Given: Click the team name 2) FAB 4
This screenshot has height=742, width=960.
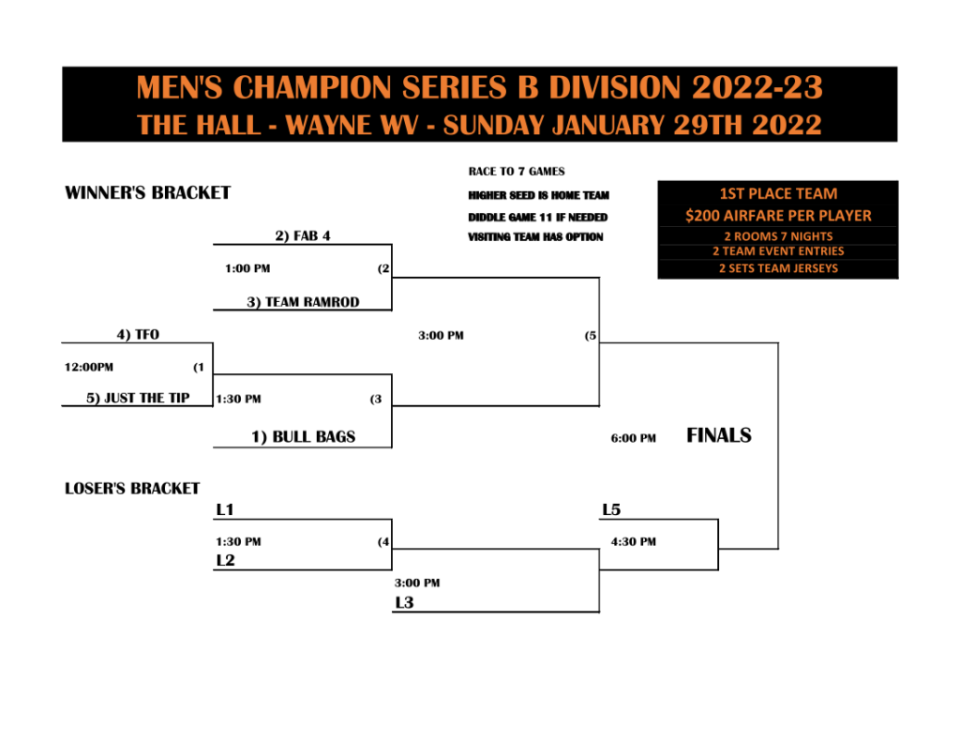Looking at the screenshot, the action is pyautogui.click(x=303, y=235).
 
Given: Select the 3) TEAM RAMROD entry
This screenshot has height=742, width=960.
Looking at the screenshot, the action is pyautogui.click(x=303, y=302).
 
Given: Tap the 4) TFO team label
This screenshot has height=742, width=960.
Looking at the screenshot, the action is pyautogui.click(x=138, y=335).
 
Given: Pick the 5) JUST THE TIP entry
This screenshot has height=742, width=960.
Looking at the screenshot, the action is pyautogui.click(x=138, y=398).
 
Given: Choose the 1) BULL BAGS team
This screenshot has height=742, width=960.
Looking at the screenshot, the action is pyautogui.click(x=303, y=437).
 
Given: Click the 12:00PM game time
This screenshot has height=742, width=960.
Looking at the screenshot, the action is pyautogui.click(x=89, y=367).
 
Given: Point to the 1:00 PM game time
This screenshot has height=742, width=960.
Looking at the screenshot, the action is pyautogui.click(x=247, y=268).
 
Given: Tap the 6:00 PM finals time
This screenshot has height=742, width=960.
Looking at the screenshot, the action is pyautogui.click(x=633, y=438).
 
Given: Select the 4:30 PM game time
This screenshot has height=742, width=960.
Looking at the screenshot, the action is pyautogui.click(x=633, y=541).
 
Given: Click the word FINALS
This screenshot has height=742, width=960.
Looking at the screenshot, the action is pyautogui.click(x=719, y=435).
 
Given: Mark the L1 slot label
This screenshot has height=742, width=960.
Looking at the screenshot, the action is pyautogui.click(x=225, y=509).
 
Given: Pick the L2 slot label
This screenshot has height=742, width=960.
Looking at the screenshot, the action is pyautogui.click(x=225, y=560).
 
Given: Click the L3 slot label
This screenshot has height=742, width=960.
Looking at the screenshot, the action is pyautogui.click(x=404, y=603).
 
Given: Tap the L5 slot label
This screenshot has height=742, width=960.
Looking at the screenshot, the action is pyautogui.click(x=611, y=509).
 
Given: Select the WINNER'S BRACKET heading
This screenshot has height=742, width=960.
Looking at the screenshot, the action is pyautogui.click(x=147, y=193).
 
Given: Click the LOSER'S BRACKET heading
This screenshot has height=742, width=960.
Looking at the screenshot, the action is pyautogui.click(x=132, y=489).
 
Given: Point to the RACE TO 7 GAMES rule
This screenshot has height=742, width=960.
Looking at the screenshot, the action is pyautogui.click(x=517, y=172).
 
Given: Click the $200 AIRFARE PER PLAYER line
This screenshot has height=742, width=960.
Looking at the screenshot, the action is pyautogui.click(x=778, y=216).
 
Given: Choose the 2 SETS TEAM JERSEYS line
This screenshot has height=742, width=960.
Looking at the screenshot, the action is pyautogui.click(x=778, y=268).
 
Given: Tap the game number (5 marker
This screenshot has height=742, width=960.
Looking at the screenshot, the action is pyautogui.click(x=591, y=336).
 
